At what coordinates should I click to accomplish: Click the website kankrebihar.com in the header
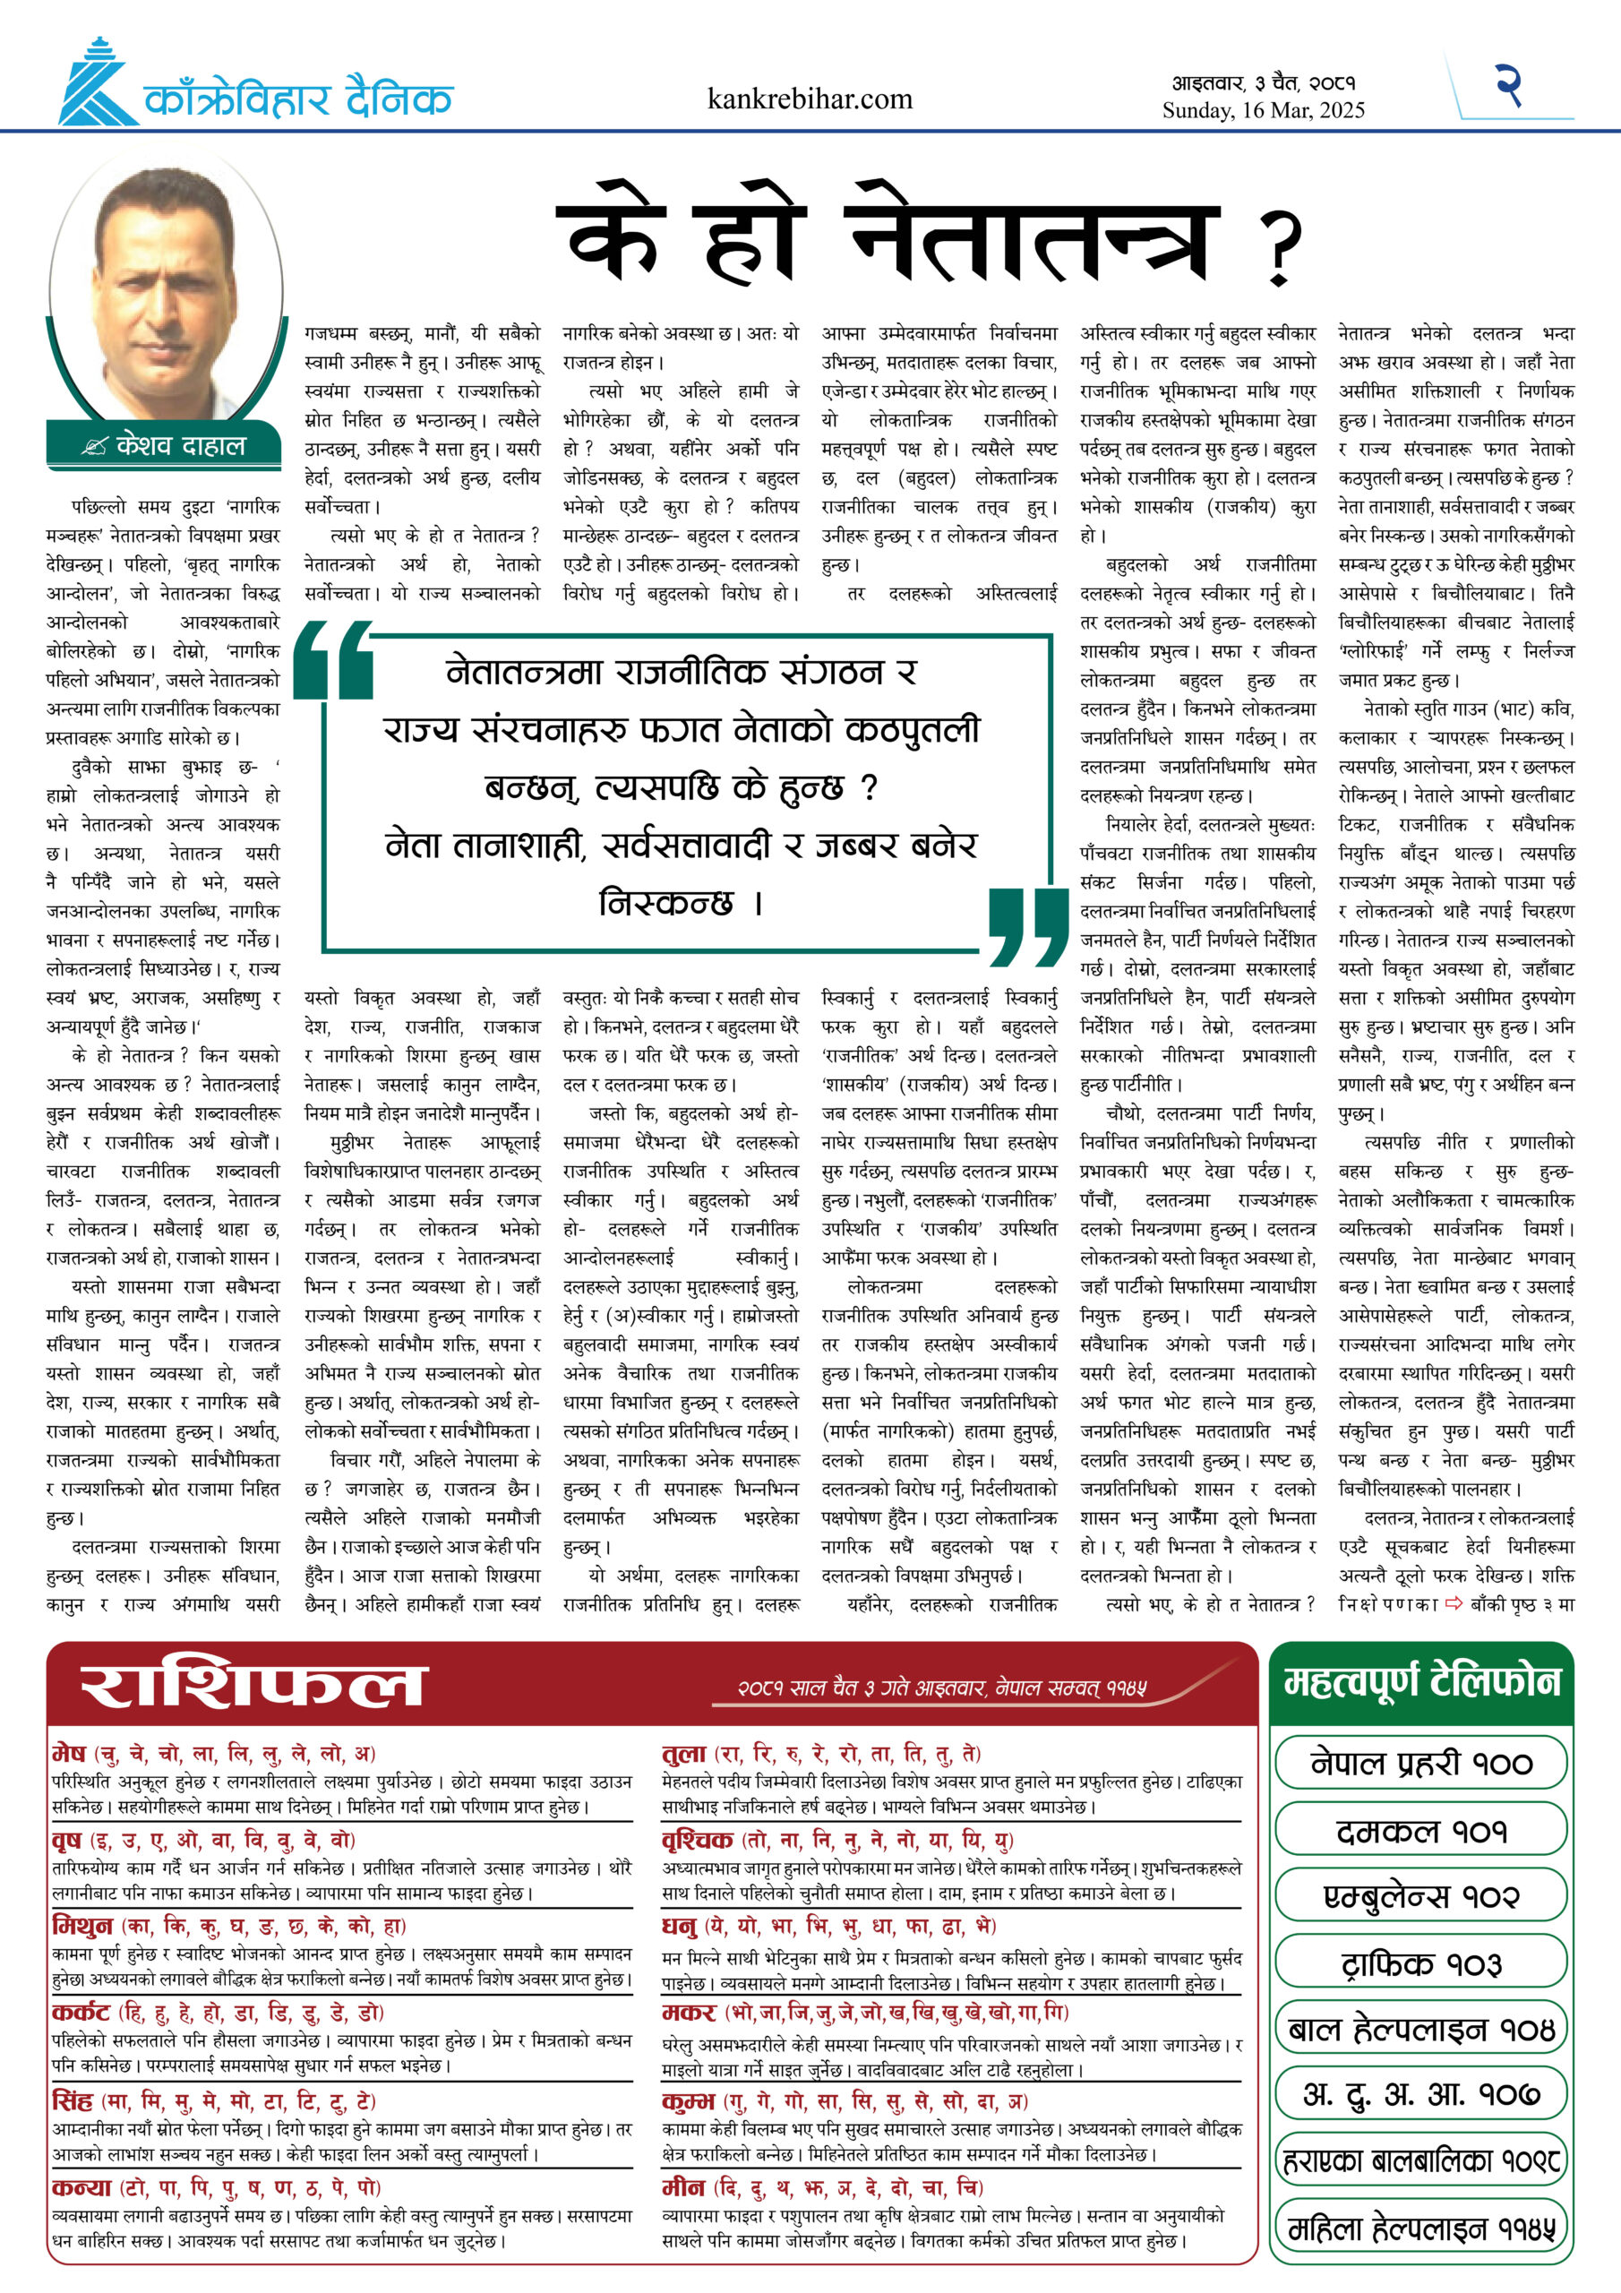pos(809,99)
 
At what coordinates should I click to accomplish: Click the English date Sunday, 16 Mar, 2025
pos(1263,111)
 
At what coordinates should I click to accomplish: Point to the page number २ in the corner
pos(1508,85)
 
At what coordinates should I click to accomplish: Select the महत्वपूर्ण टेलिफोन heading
pos(1421,1682)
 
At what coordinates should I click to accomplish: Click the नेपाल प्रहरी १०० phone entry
pos(1420,1764)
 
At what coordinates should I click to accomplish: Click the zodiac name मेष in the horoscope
pos(69,1753)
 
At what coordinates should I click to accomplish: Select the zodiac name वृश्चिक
pos(697,1840)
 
